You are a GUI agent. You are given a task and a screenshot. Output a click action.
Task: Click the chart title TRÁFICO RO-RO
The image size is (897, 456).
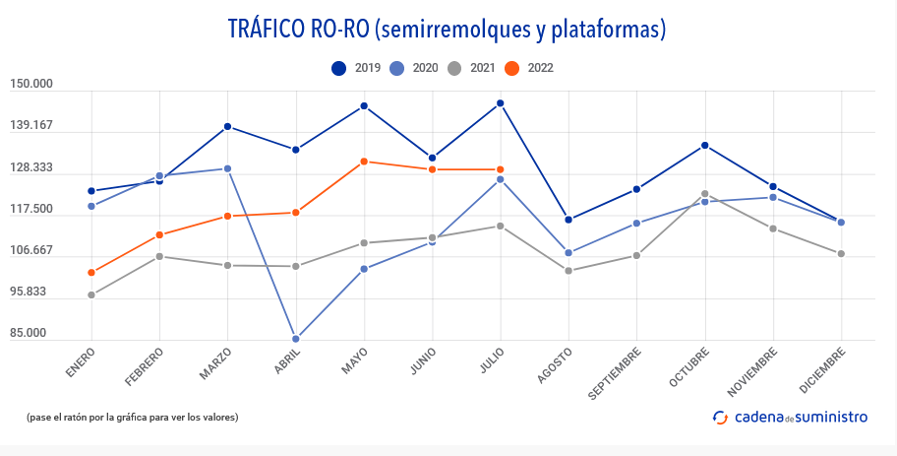tap(448, 30)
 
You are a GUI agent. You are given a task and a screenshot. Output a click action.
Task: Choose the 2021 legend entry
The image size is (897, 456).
tap(469, 68)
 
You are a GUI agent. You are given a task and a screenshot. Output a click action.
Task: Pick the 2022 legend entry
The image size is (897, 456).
tap(527, 68)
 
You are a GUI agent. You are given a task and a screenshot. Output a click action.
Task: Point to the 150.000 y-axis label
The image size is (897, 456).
tap(31, 84)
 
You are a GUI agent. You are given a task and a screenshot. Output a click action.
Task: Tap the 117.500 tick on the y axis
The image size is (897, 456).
tap(31, 209)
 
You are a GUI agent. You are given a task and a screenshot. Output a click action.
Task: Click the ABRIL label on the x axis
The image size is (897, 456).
tap(286, 361)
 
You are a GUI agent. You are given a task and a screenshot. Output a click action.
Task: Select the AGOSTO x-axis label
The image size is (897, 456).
tap(555, 364)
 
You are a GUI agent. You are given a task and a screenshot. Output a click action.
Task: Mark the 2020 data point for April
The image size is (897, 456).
tap(296, 339)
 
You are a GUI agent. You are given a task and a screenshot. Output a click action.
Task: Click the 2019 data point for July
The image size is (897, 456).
tap(501, 103)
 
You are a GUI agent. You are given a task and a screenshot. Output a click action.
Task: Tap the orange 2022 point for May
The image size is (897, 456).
tap(364, 162)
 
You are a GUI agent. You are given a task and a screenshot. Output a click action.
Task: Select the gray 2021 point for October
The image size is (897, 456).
tap(705, 194)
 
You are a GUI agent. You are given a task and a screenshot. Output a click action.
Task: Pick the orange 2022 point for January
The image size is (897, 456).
tap(91, 273)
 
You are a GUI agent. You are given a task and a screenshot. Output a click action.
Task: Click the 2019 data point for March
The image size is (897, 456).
tap(228, 126)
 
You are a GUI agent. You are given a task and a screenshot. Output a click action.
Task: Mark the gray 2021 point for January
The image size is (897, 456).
tap(91, 295)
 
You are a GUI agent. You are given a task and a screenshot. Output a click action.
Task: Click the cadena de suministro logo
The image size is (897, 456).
tap(790, 417)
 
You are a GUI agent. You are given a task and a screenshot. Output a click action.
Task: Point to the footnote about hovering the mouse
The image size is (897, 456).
tap(133, 417)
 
